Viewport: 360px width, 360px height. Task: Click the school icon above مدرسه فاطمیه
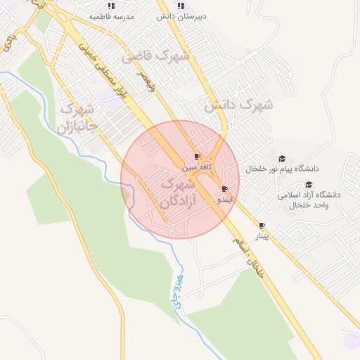click(x=111, y=5)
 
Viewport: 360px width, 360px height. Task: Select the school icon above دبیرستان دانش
click(x=180, y=5)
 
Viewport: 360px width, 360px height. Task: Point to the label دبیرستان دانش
click(x=180, y=15)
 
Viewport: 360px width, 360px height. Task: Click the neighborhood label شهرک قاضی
click(x=156, y=56)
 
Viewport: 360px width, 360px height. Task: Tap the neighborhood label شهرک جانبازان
click(x=77, y=118)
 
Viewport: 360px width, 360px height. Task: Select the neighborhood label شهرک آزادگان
click(x=179, y=192)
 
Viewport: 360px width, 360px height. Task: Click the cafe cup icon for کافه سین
click(x=197, y=157)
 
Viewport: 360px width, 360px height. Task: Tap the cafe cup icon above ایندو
click(x=224, y=188)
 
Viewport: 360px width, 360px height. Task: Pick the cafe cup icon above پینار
click(x=262, y=226)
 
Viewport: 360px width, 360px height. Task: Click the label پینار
click(x=262, y=236)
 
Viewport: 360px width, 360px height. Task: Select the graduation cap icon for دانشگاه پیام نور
click(x=282, y=159)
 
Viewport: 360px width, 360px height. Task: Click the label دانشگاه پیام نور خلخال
click(x=282, y=169)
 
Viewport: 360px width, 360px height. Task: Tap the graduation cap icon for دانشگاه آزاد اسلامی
click(x=308, y=184)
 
